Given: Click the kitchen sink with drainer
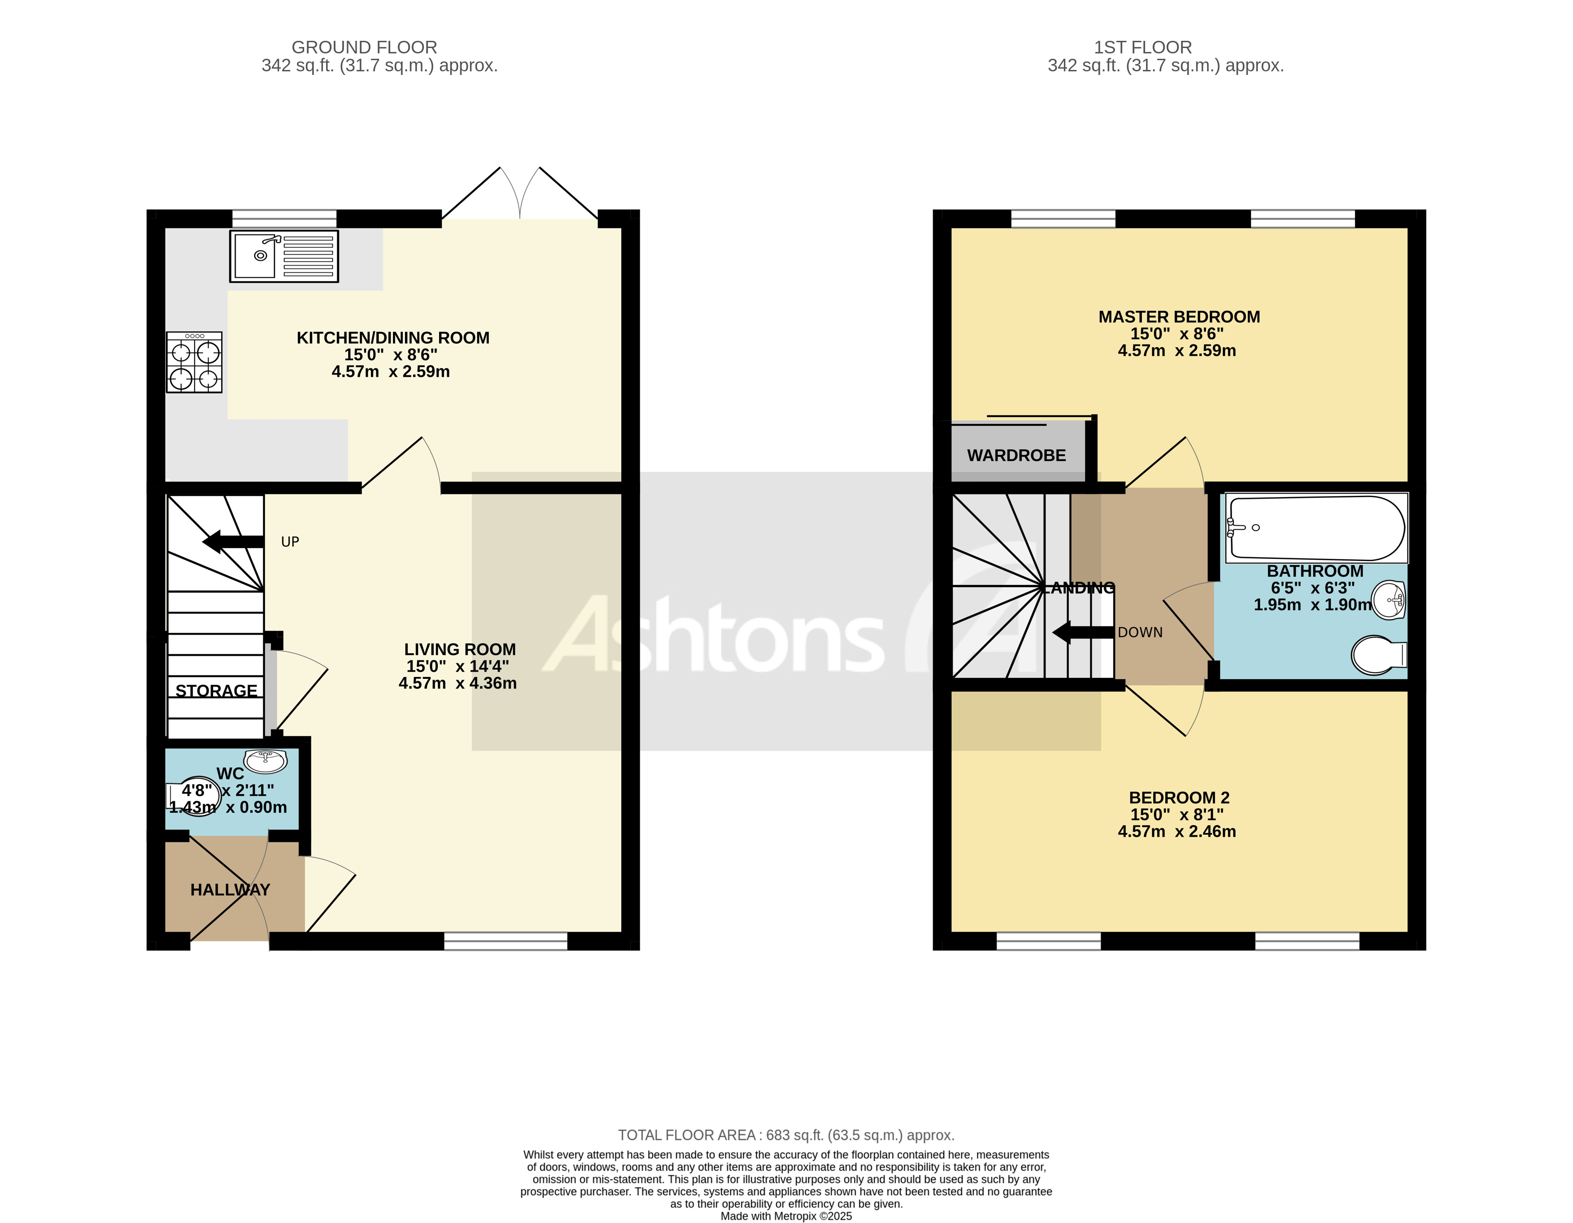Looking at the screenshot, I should [x=284, y=256].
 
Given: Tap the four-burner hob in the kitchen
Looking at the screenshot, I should [x=195, y=363].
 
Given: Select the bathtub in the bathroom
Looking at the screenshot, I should [x=1316, y=528].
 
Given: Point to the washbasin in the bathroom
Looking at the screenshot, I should [x=1389, y=599].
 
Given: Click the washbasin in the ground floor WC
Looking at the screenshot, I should [x=265, y=760].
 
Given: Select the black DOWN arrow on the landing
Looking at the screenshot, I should [x=1082, y=633].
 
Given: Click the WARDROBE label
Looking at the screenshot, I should [x=1016, y=455].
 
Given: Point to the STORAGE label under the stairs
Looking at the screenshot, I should [x=216, y=691].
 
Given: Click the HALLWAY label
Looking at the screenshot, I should [x=230, y=890].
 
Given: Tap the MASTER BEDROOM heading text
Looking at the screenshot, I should [x=1179, y=317].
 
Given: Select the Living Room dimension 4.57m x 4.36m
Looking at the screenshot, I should [x=458, y=683].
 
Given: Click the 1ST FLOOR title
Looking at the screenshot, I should [x=1142, y=48].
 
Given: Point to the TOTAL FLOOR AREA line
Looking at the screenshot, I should [x=786, y=1135].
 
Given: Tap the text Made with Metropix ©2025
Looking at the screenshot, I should [x=786, y=1216].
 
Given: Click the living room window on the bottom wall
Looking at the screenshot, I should [x=505, y=941].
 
